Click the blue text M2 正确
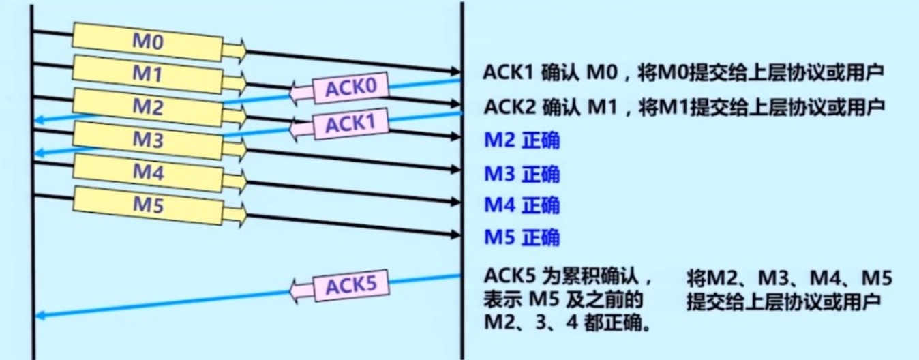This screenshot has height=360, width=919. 522,141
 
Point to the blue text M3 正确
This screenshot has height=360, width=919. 522,174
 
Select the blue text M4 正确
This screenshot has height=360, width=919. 522,205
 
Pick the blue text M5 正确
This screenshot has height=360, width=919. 522,237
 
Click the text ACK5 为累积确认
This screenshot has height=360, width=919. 569,276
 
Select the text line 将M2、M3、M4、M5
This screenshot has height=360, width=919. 789,277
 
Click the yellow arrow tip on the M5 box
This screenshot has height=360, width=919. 235,213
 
